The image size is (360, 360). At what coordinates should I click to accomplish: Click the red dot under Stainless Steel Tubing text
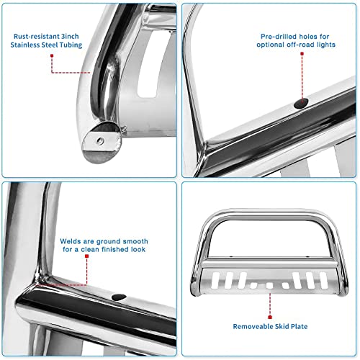click(x=52, y=73)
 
